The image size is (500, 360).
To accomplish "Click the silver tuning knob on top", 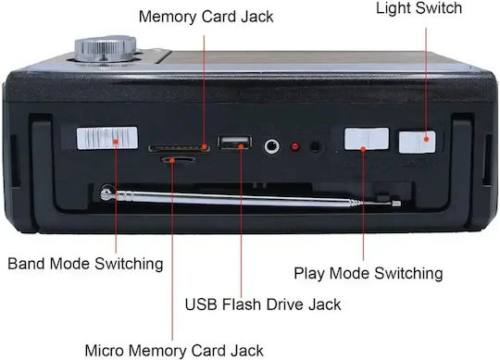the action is click(x=106, y=49).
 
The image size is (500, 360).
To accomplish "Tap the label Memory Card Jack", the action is click(x=206, y=17).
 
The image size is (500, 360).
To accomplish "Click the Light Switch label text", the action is click(x=419, y=8).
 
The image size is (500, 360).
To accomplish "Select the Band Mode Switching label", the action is click(x=85, y=264).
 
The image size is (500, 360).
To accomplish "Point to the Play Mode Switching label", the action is click(x=369, y=273).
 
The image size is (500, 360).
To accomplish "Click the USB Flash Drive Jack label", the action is click(x=263, y=304).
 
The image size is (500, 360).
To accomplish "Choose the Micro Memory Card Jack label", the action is click(x=174, y=351).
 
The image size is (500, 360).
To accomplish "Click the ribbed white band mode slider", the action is click(x=107, y=138).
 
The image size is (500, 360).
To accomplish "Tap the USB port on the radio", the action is click(x=234, y=143).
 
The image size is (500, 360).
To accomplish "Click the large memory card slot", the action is click(x=179, y=148).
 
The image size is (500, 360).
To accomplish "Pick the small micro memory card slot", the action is click(x=179, y=159).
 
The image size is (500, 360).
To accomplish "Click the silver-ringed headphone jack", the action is click(x=272, y=146).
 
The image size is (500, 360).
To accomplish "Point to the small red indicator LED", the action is click(x=295, y=147).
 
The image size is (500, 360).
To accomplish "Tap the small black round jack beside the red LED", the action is click(x=316, y=146).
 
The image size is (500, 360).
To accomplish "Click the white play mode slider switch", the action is click(x=367, y=139).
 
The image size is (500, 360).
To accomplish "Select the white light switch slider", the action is click(x=417, y=142).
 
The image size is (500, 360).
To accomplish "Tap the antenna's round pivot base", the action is click(x=107, y=194).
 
